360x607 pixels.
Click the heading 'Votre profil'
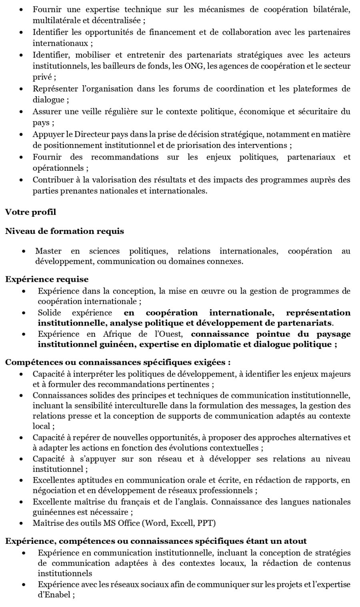30,212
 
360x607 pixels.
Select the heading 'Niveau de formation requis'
64,231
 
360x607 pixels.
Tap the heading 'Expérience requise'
47,279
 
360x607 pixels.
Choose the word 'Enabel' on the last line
58,595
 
